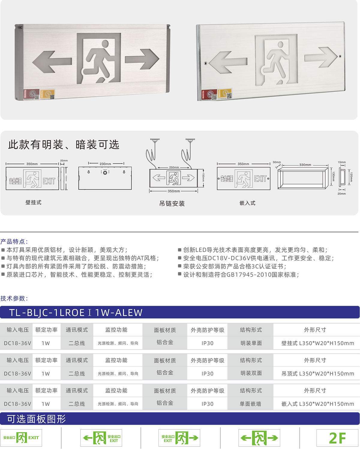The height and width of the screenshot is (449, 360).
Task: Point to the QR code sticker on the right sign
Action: click(229, 96)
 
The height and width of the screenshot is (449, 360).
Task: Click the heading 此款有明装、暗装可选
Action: click(64, 145)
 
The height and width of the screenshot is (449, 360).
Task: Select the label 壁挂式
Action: click(33, 203)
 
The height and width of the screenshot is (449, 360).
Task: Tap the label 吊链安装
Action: click(172, 204)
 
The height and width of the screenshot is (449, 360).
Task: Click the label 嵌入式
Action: click(247, 203)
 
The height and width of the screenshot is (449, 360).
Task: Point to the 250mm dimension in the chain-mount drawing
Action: click(174, 167)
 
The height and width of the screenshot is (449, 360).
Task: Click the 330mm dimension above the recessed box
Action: click(305, 165)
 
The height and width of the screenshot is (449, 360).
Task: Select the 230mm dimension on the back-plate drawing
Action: click(105, 164)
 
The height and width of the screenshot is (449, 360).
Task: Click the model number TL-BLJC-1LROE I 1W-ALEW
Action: click(76, 313)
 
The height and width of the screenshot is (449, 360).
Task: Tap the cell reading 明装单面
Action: click(251, 343)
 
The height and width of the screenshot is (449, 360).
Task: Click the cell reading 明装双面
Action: click(251, 373)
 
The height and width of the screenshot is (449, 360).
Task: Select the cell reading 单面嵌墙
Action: click(250, 404)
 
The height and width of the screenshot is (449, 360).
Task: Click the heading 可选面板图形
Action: click(36, 419)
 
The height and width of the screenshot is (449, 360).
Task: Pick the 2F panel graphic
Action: click(337, 438)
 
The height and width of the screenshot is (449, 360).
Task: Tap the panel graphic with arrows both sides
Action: click(259, 438)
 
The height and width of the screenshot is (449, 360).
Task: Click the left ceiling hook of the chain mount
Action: click(155, 140)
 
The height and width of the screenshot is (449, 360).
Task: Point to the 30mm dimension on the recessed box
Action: click(277, 162)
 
